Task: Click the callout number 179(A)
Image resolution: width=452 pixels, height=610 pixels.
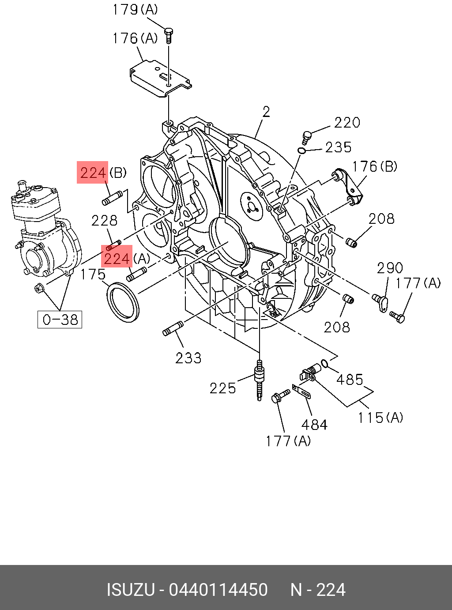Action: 135,10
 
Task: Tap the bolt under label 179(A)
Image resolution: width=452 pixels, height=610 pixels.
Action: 169,34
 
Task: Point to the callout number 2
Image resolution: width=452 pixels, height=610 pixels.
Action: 266,112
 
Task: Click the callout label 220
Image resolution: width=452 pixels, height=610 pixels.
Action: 347,122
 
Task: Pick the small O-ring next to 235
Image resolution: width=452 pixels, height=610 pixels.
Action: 302,151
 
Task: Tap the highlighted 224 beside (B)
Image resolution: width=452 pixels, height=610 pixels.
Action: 93,172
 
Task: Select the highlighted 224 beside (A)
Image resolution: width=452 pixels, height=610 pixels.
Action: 117,258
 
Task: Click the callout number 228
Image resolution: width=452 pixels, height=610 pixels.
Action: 104,220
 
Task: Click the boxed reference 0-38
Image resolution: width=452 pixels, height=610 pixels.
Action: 60,319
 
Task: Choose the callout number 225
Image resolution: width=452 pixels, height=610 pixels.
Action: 222,388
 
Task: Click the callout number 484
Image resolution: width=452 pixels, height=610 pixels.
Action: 314,425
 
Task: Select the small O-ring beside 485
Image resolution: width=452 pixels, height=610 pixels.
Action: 324,363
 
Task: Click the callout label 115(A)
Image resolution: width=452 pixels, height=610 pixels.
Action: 380,417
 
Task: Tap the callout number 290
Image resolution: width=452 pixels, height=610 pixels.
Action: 390,268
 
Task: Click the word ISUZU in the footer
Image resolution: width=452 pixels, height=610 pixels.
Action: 131,590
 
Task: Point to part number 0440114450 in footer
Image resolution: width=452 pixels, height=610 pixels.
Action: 218,590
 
